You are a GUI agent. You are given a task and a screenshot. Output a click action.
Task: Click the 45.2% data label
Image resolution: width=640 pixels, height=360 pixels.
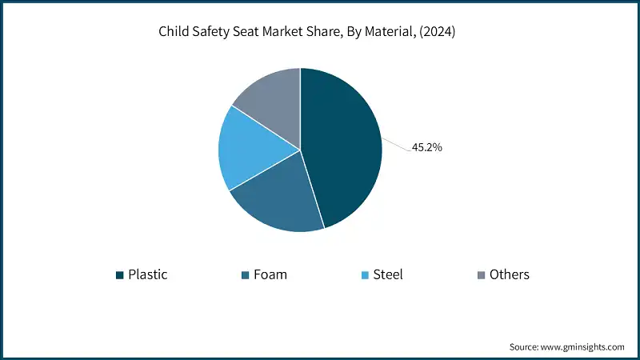point(427,147)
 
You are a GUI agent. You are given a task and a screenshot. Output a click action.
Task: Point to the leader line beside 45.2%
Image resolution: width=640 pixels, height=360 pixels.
point(396,144)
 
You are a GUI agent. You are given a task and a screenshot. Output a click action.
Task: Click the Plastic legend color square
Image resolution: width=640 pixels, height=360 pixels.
point(120,275)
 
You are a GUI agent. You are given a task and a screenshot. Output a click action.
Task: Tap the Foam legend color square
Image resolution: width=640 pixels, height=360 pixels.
point(246,275)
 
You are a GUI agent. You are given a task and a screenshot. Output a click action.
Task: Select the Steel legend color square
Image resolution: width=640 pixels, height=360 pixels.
point(365,275)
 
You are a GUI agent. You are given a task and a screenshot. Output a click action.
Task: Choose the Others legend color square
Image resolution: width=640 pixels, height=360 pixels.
point(481,275)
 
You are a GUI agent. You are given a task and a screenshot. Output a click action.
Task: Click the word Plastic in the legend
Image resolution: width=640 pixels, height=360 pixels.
point(148,274)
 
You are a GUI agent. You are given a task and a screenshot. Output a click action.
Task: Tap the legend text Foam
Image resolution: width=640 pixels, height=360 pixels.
point(270,274)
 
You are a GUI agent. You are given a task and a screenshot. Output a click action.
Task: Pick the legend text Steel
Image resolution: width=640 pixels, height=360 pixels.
point(388,274)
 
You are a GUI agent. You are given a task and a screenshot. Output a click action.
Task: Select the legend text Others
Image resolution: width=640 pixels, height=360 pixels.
point(510,274)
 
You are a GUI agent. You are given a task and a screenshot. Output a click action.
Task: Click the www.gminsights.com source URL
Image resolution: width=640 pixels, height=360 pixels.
point(582,346)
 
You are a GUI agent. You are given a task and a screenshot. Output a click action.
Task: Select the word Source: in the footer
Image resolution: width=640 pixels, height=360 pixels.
point(525,346)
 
